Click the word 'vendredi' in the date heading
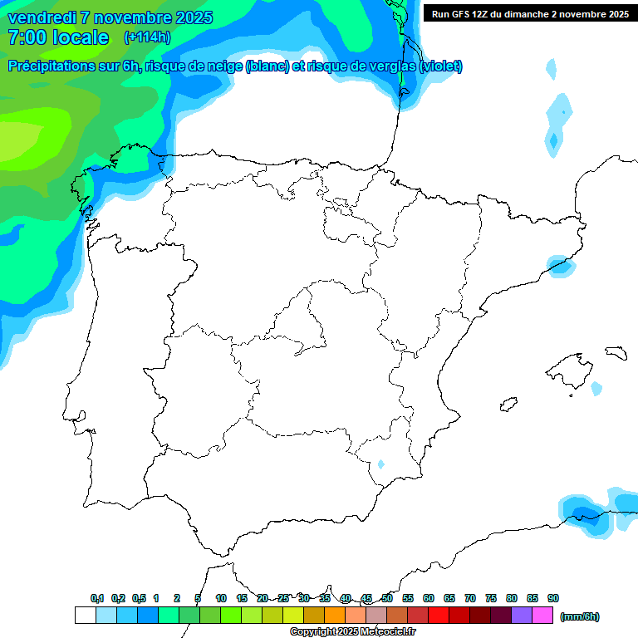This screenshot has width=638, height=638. (42, 17)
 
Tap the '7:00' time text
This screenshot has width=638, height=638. (26, 37)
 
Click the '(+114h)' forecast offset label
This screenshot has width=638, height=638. (147, 37)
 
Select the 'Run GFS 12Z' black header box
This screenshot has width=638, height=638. (529, 13)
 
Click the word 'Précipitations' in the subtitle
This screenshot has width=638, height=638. (57, 66)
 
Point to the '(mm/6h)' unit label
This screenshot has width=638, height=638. (580, 616)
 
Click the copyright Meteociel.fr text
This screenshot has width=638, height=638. (352, 631)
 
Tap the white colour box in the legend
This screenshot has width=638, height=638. (85, 616)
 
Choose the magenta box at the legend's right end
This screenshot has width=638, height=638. (542, 616)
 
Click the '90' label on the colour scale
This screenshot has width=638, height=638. (552, 598)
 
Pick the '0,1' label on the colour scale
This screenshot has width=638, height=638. (97, 598)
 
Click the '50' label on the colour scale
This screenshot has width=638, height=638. (387, 598)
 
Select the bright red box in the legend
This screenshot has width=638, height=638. (438, 616)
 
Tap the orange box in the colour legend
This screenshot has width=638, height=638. (334, 616)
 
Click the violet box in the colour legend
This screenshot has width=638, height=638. (521, 616)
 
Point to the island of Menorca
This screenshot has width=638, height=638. (616, 353)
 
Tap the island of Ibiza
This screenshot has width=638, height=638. (508, 405)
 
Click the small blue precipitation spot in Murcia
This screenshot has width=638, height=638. (380, 464)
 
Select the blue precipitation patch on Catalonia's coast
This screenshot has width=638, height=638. (560, 266)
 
